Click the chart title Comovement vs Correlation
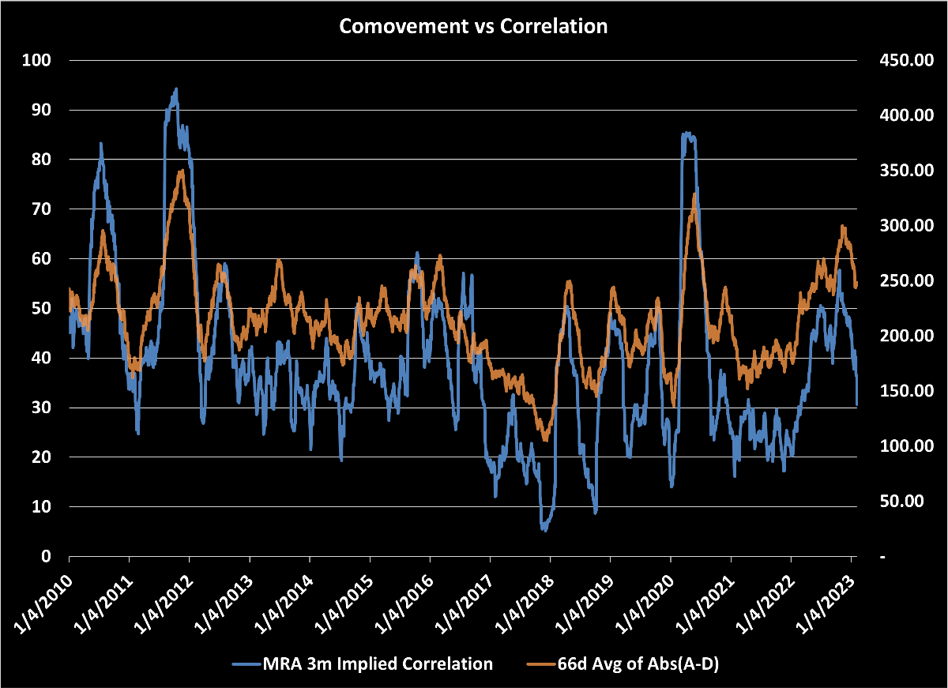[x=473, y=25]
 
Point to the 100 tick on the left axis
[x=38, y=60]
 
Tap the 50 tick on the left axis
[x=42, y=308]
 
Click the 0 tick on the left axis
[x=46, y=556]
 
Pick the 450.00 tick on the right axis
[x=900, y=60]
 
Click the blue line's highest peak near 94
[x=176, y=89]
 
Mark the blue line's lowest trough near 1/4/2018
[x=544, y=529]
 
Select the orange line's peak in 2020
[x=694, y=194]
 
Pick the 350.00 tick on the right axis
[x=900, y=171]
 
